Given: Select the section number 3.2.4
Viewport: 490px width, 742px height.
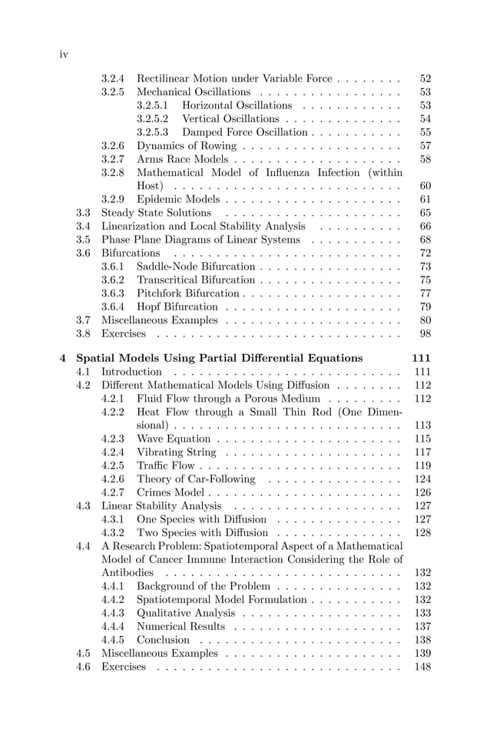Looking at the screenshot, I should coord(113,78).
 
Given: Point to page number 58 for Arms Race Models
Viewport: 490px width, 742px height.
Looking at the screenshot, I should coord(425,159).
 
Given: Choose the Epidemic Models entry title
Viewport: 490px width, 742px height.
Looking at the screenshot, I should coord(177,199).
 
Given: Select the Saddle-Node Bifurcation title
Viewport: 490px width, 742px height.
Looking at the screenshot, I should coord(196,267).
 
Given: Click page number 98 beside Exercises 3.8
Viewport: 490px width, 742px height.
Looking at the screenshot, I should coord(425,333).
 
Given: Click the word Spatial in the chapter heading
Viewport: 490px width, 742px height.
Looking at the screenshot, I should coord(97,358).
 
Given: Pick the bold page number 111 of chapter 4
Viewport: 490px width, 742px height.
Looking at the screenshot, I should coord(422,358).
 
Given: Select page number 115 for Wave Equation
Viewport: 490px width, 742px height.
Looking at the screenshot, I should coord(422,439).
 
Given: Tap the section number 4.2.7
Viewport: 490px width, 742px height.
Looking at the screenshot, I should coord(113,492).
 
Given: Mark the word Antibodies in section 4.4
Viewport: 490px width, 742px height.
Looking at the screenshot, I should coord(127,572).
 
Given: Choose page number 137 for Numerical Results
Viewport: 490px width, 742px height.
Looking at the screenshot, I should coord(422,626).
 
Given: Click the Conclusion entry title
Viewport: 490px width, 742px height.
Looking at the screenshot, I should coord(163,640).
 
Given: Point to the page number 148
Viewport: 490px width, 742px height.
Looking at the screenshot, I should coord(422,666).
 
